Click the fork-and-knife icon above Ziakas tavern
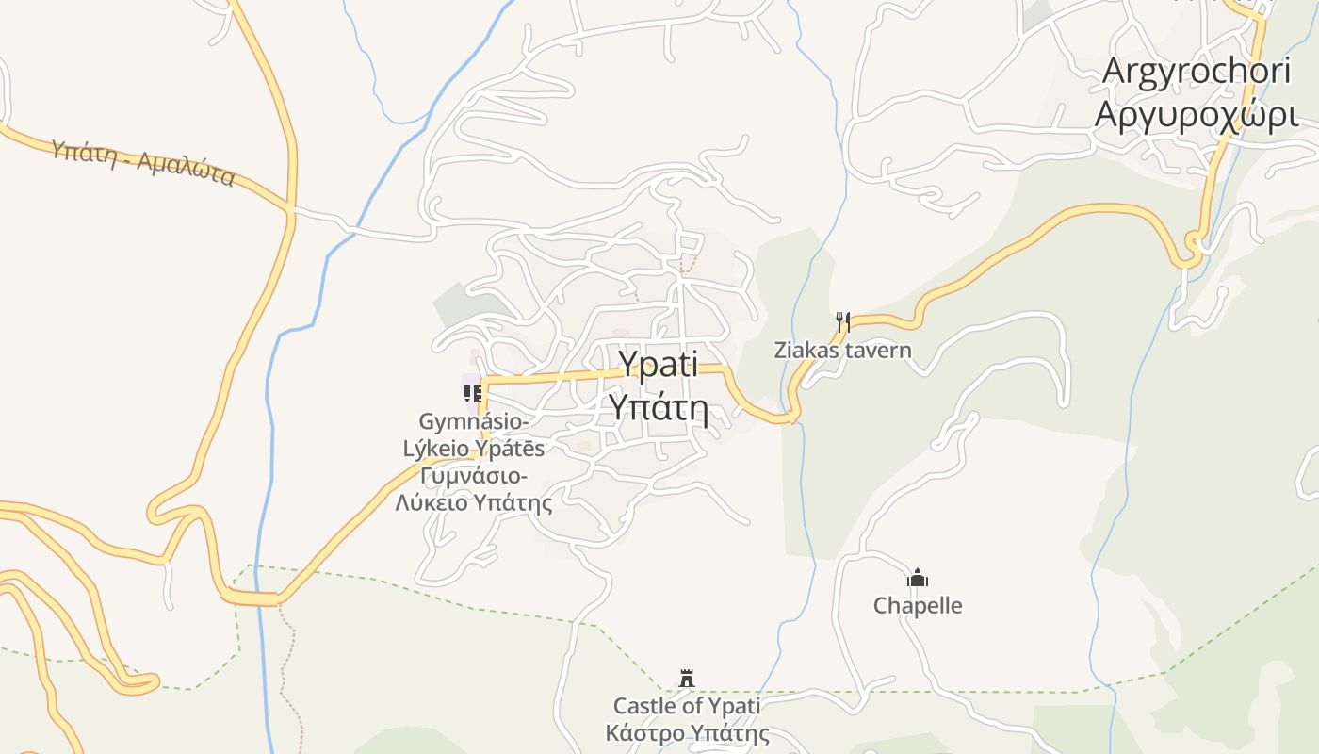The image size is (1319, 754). pos(843,322)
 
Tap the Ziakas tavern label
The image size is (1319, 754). pos(842,351)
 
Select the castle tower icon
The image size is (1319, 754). pos(687,678)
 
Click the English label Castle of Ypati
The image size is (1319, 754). pos(687,705)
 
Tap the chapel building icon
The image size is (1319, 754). pos(918,578)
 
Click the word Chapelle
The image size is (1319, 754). pos(918,605)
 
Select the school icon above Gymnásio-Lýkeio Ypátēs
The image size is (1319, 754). pos(473,393)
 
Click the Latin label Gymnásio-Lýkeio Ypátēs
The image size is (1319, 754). pos(474,434)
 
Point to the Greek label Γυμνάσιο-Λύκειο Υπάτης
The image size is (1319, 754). pos(474,488)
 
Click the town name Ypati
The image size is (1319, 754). pos(658,365)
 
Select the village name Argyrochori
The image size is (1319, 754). pos(1197,72)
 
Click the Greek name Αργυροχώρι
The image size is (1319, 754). pos(1197,114)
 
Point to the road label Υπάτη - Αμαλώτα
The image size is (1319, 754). pos(142,162)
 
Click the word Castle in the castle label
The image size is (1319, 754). pos(643,705)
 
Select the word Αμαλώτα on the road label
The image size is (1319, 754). pos(186,170)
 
